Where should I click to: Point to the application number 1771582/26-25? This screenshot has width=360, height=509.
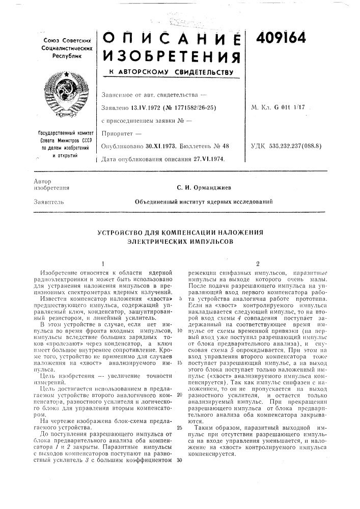(196, 107)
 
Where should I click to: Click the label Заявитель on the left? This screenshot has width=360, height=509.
(47, 202)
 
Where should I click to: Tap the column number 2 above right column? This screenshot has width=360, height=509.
(258, 264)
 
